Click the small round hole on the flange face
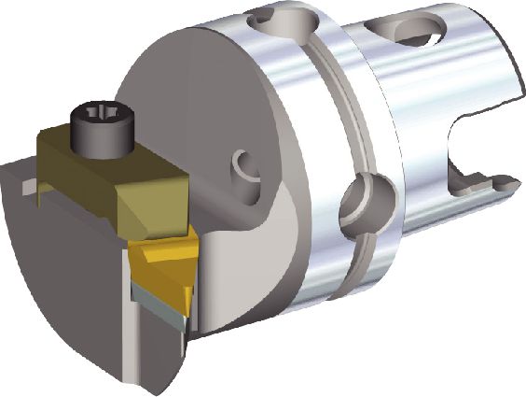(x=247, y=167)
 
